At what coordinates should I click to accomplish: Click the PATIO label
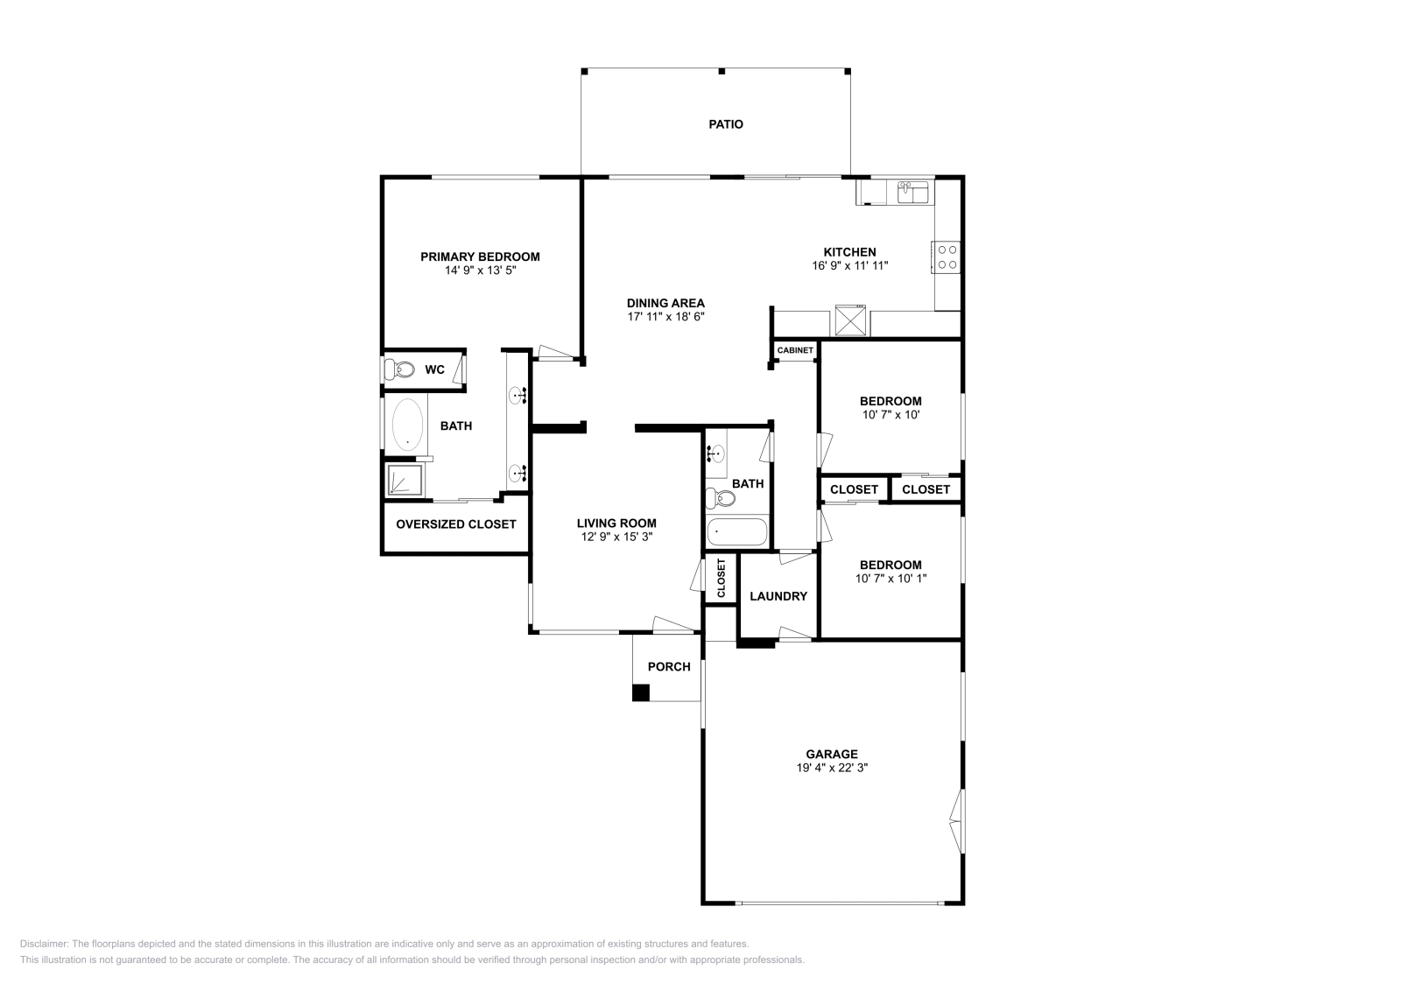725,124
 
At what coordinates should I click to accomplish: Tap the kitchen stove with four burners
947,257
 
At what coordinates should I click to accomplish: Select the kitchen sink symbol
912,192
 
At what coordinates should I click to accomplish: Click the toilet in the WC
399,369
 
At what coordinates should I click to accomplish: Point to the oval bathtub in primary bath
407,425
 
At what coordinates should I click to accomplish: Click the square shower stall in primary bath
405,480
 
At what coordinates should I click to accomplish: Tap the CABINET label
795,350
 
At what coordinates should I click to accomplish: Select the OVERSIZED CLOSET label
455,524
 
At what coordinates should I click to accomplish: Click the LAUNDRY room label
778,596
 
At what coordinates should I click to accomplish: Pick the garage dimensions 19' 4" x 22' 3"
831,768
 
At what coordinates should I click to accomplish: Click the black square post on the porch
641,692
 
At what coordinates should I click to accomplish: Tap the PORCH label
669,667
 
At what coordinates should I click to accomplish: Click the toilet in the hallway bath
720,498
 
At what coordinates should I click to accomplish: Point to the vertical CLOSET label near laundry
722,579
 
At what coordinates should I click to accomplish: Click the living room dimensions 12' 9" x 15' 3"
616,537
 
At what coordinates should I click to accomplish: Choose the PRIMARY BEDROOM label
480,257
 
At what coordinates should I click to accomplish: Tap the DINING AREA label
665,303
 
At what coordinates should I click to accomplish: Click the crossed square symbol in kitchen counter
849,320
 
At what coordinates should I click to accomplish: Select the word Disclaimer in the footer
43,944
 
